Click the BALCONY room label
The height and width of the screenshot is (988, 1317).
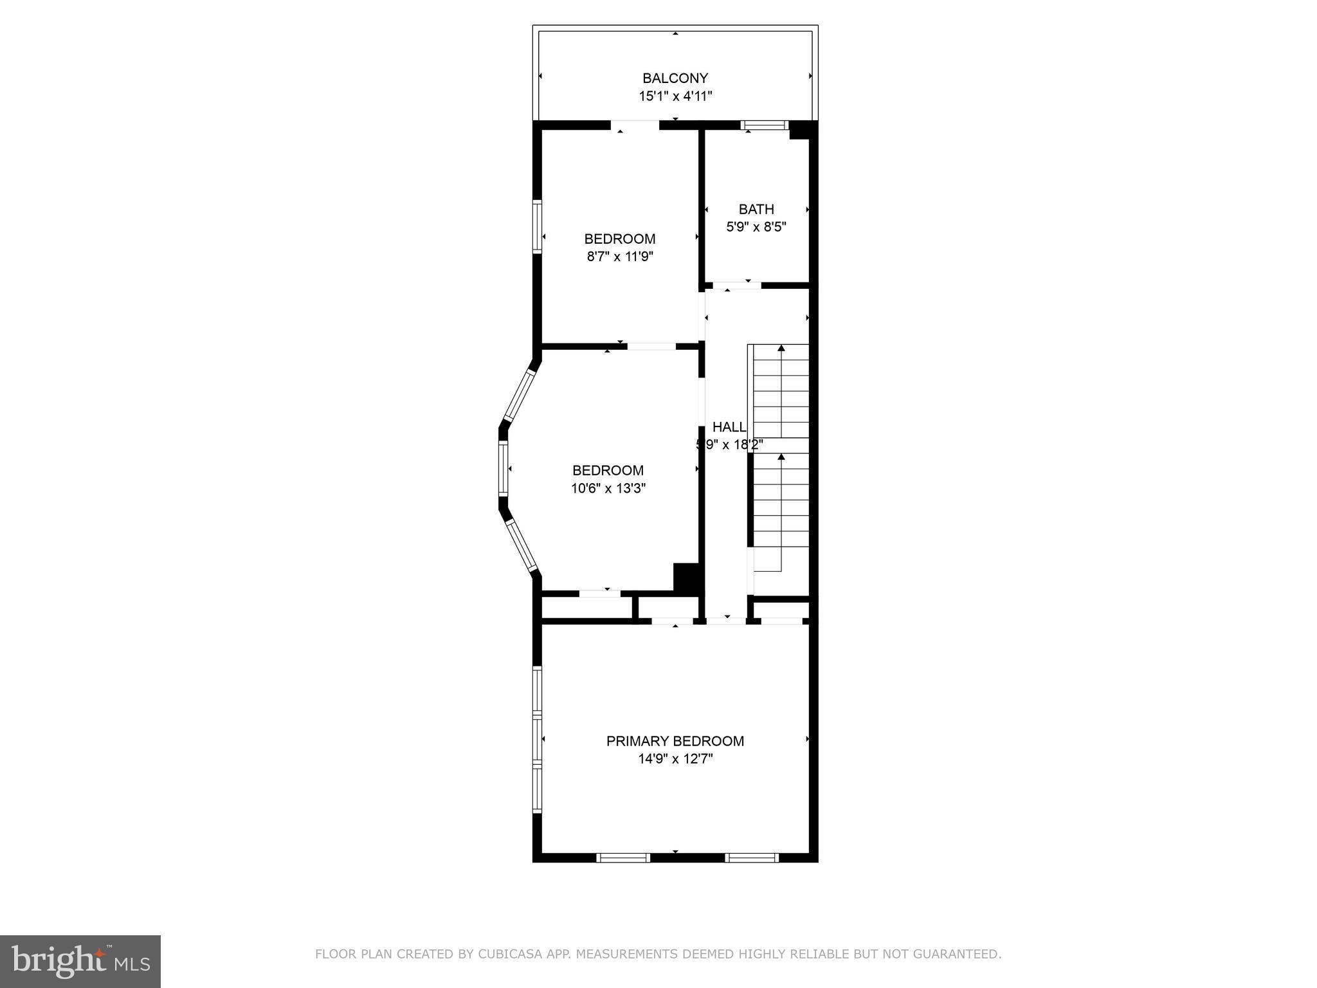(675, 78)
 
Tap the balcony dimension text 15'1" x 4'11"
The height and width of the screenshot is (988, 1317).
(675, 96)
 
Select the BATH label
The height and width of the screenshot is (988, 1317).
(756, 209)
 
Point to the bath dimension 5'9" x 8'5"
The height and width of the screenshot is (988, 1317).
(756, 227)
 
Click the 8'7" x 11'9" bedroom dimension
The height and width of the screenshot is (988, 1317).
(620, 257)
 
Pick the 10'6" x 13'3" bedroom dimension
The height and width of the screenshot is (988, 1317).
(608, 488)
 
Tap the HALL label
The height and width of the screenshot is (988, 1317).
(729, 427)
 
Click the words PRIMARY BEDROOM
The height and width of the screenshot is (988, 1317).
(675, 741)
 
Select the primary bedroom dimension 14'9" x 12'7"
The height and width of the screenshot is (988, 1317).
(675, 759)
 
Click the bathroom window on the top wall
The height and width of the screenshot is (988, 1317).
(765, 125)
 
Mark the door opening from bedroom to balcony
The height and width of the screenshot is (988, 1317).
(635, 125)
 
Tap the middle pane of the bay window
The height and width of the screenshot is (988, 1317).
(504, 468)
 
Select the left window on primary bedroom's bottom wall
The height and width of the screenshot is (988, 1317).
(623, 857)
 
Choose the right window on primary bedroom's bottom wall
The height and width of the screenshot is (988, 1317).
(752, 857)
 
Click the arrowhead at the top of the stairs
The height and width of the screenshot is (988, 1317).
(781, 348)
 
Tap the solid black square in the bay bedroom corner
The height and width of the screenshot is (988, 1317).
(686, 577)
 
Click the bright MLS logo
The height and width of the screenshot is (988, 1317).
(80, 961)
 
